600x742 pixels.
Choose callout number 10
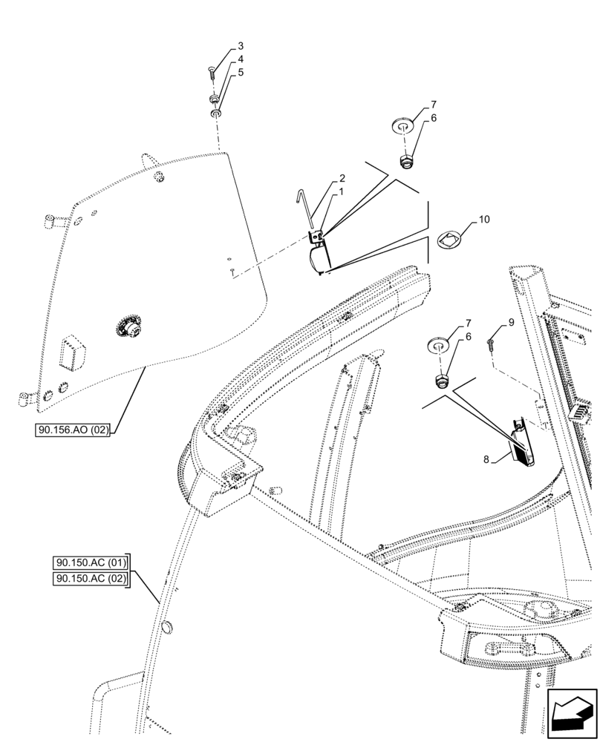point(484,220)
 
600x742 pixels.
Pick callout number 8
point(486,459)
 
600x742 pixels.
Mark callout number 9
point(511,322)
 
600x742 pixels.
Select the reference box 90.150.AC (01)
point(91,562)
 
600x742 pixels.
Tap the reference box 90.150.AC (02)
point(91,579)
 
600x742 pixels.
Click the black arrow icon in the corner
point(572,715)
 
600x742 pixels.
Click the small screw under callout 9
point(491,343)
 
